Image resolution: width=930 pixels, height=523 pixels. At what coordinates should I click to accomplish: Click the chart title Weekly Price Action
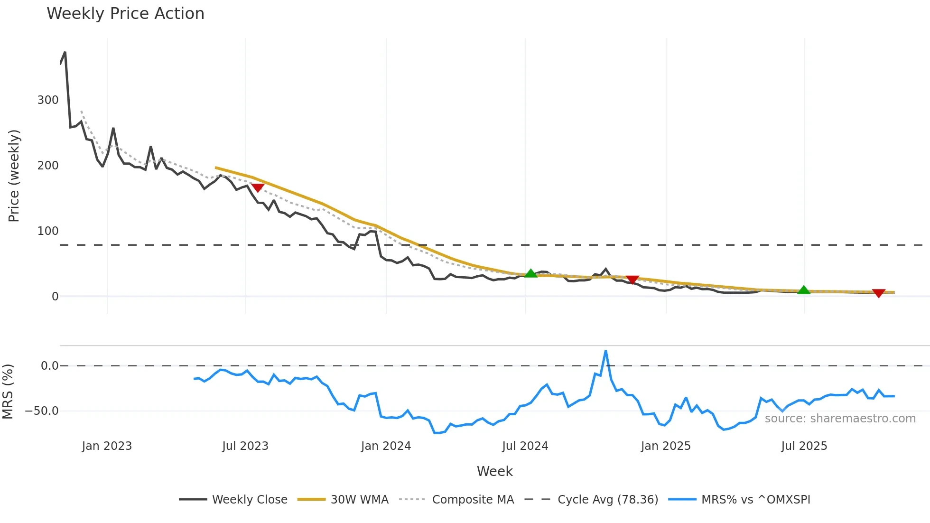(125, 14)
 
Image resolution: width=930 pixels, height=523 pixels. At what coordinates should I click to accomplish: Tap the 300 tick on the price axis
(48, 100)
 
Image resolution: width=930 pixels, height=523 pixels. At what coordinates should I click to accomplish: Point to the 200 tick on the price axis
(48, 166)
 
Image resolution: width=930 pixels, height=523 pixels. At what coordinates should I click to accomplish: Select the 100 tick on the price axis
(48, 231)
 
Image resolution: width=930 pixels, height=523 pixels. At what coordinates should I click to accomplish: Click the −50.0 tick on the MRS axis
(42, 411)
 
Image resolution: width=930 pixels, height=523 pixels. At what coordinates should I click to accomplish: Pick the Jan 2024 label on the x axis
(386, 446)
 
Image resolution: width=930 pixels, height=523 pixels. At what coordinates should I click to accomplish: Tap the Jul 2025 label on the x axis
(804, 446)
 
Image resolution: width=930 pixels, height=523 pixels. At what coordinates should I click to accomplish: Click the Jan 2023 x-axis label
(107, 446)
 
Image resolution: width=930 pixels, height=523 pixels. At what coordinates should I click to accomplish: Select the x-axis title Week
(494, 471)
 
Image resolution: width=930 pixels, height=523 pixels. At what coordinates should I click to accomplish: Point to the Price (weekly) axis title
(14, 176)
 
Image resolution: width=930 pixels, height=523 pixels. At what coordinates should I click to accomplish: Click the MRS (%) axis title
(8, 392)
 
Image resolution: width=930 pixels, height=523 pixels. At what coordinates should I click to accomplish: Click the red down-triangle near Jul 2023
(257, 188)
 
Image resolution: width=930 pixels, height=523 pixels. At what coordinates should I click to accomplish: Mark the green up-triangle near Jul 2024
(531, 273)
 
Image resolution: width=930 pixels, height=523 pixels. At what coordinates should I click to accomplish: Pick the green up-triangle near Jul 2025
(803, 290)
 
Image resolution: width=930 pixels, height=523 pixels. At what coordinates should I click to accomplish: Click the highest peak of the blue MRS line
(605, 351)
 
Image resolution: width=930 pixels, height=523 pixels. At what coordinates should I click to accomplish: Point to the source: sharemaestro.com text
(840, 419)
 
